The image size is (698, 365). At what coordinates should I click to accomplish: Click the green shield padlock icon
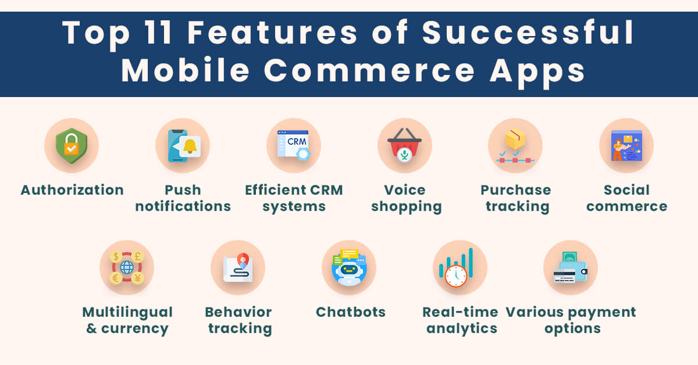(x=72, y=145)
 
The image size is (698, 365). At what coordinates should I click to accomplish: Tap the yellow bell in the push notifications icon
(x=190, y=146)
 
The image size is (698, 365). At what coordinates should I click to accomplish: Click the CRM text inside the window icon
(x=297, y=142)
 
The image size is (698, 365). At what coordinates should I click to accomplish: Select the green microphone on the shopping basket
(x=404, y=155)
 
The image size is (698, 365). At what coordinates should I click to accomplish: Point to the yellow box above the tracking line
(x=515, y=138)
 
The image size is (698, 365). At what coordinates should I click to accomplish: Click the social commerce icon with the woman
(x=626, y=145)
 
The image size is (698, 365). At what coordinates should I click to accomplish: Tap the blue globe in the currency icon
(x=127, y=267)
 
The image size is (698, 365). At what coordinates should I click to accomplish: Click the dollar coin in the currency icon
(x=116, y=257)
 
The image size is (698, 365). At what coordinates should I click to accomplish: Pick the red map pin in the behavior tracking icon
(x=243, y=260)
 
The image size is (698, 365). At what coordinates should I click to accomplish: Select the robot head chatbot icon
(x=349, y=267)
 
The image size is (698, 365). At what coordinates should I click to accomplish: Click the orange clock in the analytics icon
(x=456, y=276)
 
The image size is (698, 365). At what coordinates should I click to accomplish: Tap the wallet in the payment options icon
(x=574, y=271)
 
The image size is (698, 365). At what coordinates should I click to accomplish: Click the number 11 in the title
(x=158, y=33)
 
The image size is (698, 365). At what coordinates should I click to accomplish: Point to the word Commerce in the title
(x=369, y=71)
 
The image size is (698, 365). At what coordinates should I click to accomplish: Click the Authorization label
(x=72, y=190)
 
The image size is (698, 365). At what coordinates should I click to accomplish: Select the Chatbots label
(x=351, y=312)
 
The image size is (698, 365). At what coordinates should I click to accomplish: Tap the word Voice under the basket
(x=404, y=190)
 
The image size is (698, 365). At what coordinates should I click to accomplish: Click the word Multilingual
(x=127, y=312)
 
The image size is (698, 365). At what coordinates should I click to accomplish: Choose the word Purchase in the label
(x=516, y=190)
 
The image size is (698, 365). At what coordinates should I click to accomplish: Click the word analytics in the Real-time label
(x=461, y=328)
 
